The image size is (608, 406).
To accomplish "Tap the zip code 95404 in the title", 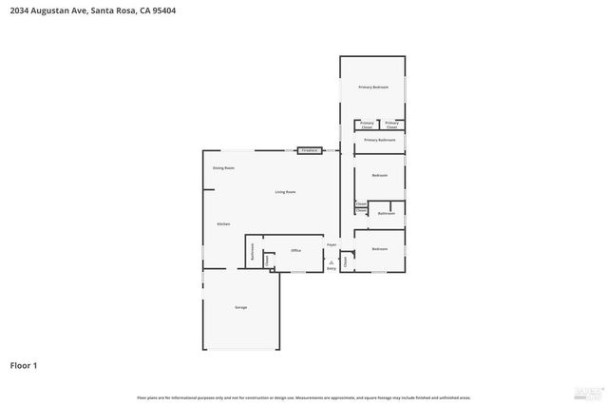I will point(161,10).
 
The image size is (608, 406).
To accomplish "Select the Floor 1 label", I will point(24,364).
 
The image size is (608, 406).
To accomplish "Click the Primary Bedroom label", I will point(373,87).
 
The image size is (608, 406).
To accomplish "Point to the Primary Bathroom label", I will point(379,140).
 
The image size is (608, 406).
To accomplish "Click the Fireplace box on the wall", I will point(309,150).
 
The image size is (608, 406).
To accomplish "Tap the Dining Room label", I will point(223,167).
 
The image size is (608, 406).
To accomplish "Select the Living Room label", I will point(285,192).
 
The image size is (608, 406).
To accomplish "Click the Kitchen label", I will point(223,223).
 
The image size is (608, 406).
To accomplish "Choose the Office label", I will point(295,250).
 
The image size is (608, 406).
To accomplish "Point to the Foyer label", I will point(332,245).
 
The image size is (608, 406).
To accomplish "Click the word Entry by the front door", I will point(332,268).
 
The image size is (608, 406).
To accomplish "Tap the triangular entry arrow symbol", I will point(332,261).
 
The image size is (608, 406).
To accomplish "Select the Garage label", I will point(241,307).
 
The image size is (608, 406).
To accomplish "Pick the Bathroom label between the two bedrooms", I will point(386,213).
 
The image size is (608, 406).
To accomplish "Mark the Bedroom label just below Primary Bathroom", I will point(379,176).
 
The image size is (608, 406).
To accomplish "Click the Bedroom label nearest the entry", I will point(379,249).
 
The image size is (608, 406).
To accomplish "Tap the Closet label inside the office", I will point(267,260).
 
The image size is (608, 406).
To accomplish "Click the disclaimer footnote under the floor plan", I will point(304,397).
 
